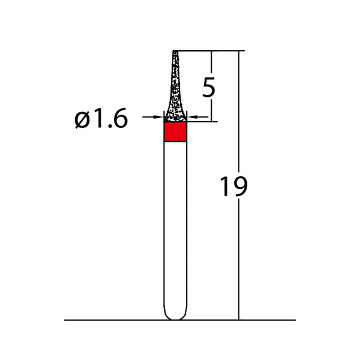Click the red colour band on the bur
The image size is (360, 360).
click(175, 132)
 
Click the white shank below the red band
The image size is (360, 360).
click(175, 225)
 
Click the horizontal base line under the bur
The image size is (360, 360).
click(120, 320)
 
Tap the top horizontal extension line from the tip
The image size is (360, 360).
click(210, 51)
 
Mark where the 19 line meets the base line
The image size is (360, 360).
click(239, 320)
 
